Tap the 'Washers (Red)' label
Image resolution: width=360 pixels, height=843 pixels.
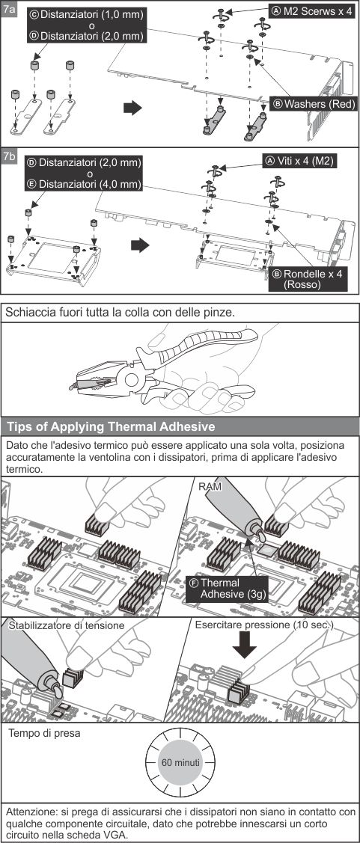pos(314,103)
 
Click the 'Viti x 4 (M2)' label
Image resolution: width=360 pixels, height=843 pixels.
pos(303,160)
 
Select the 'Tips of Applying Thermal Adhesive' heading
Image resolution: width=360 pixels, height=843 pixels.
pos(111,427)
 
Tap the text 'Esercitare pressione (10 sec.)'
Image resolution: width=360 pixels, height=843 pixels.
pos(263,624)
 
